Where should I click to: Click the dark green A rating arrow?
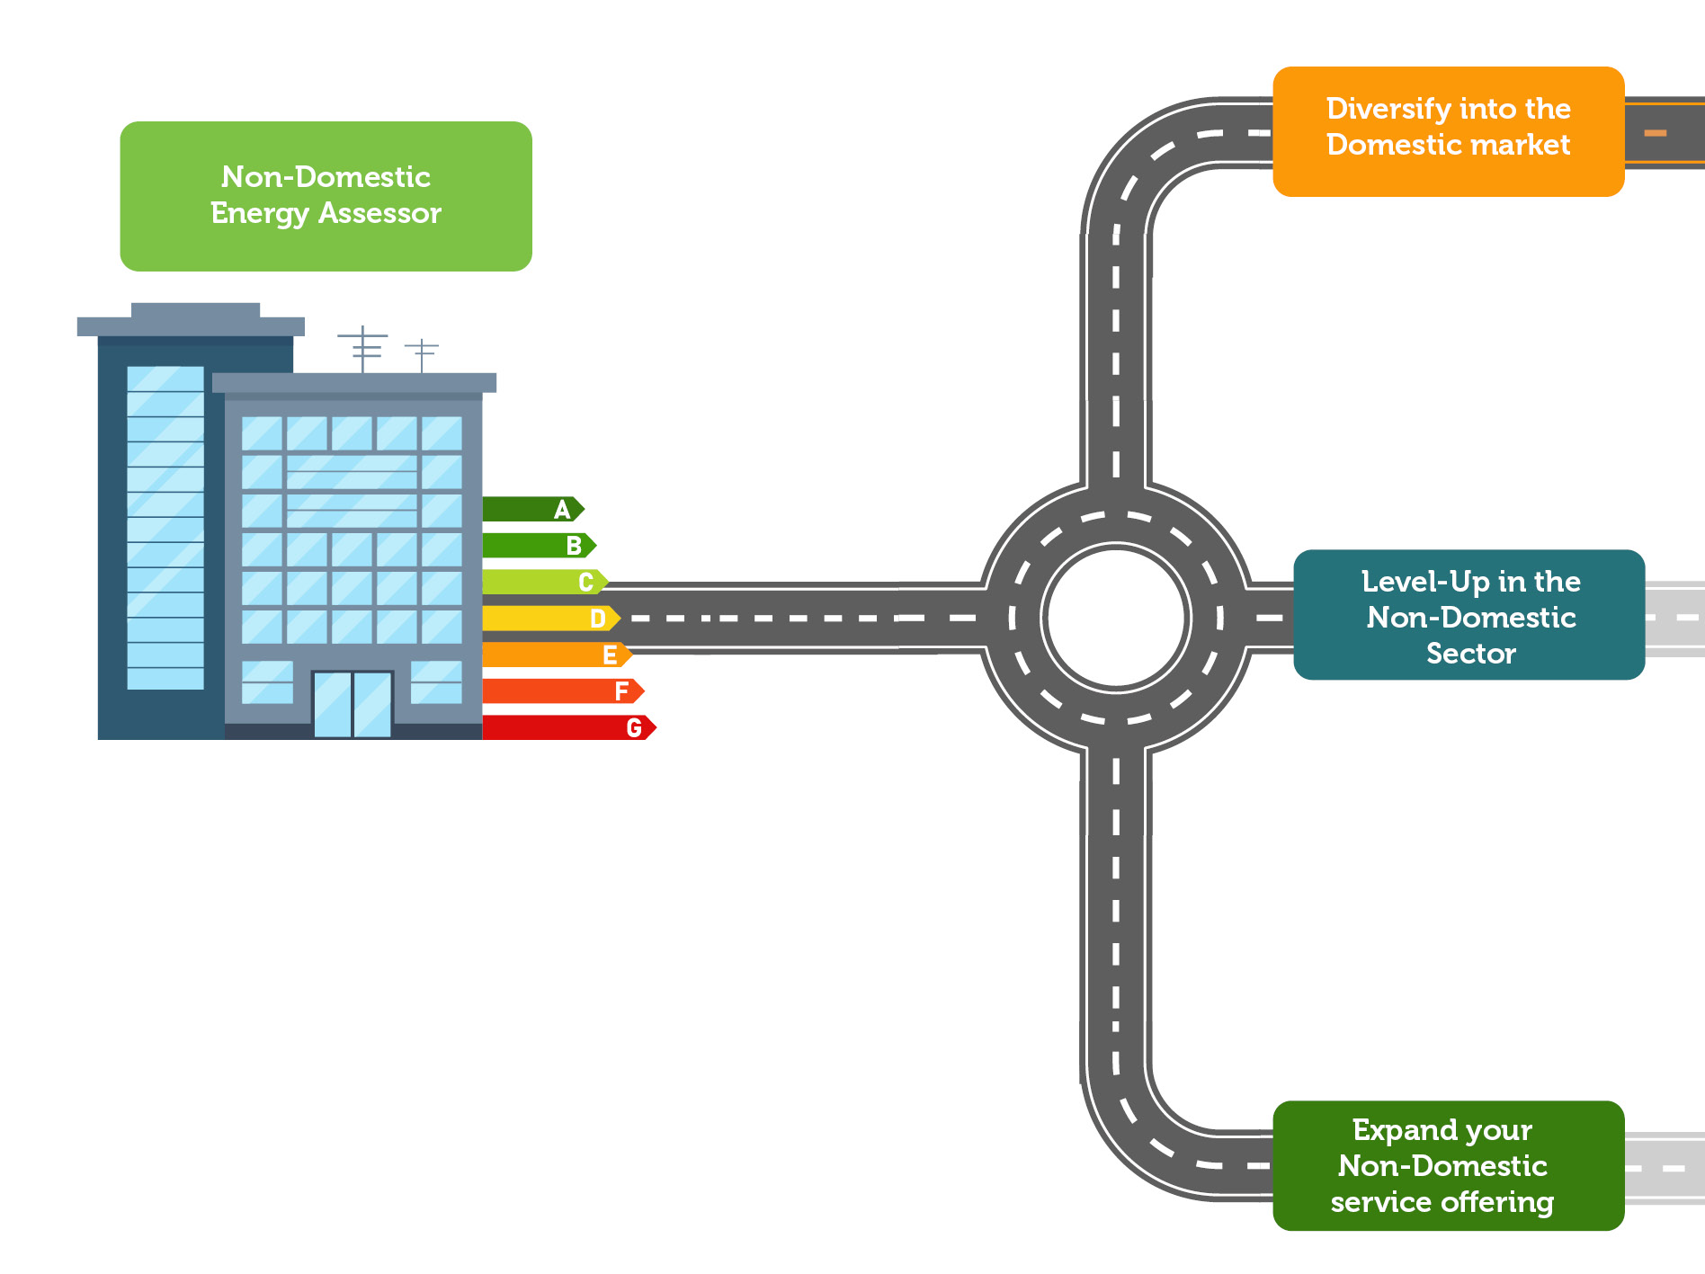(532, 510)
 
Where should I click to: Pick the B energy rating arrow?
(538, 546)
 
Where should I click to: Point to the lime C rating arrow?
(544, 583)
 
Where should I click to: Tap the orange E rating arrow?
(556, 655)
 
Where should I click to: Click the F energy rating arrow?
(562, 691)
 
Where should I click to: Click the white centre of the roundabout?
(1116, 618)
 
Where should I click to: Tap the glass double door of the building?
(353, 705)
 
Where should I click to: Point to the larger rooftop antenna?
(363, 347)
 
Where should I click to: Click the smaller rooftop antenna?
(421, 354)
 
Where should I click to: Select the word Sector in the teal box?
(1470, 654)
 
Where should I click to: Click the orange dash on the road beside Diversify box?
(1656, 133)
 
